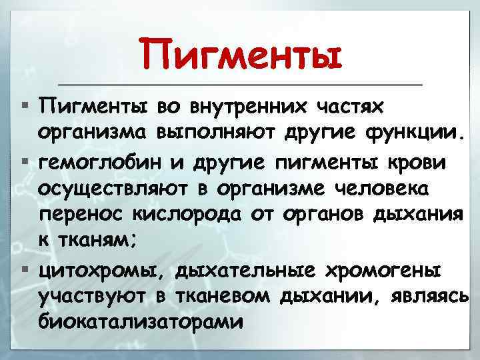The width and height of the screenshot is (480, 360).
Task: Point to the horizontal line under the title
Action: click(x=241, y=85)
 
